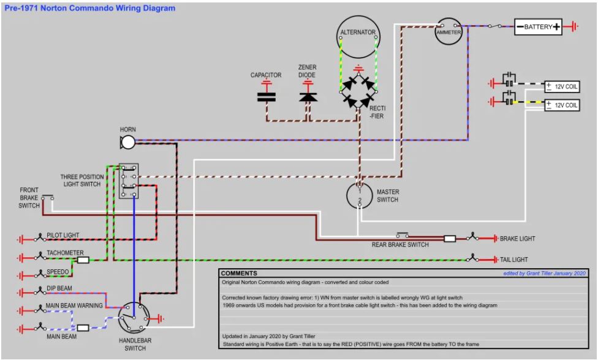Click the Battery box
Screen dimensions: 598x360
tap(538, 27)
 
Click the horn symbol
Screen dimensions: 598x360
tap(127, 143)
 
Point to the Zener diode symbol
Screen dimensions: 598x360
tap(308, 97)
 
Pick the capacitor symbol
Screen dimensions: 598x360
tap(266, 97)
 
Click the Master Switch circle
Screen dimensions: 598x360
tap(347, 196)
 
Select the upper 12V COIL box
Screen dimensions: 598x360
tap(562, 86)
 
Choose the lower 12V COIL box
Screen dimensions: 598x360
tap(562, 105)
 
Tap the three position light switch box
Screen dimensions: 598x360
tap(129, 181)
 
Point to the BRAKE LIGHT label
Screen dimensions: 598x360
tap(518, 239)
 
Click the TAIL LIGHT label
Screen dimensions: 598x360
tap(513, 260)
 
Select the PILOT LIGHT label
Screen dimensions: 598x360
tap(63, 235)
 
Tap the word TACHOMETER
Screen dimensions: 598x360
tap(65, 253)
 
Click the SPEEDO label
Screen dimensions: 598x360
tap(58, 272)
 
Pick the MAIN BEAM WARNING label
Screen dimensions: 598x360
tap(74, 306)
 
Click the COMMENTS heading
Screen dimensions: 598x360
tap(239, 273)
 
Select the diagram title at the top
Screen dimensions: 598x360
tap(89, 8)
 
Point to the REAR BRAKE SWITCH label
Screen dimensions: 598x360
tap(400, 244)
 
